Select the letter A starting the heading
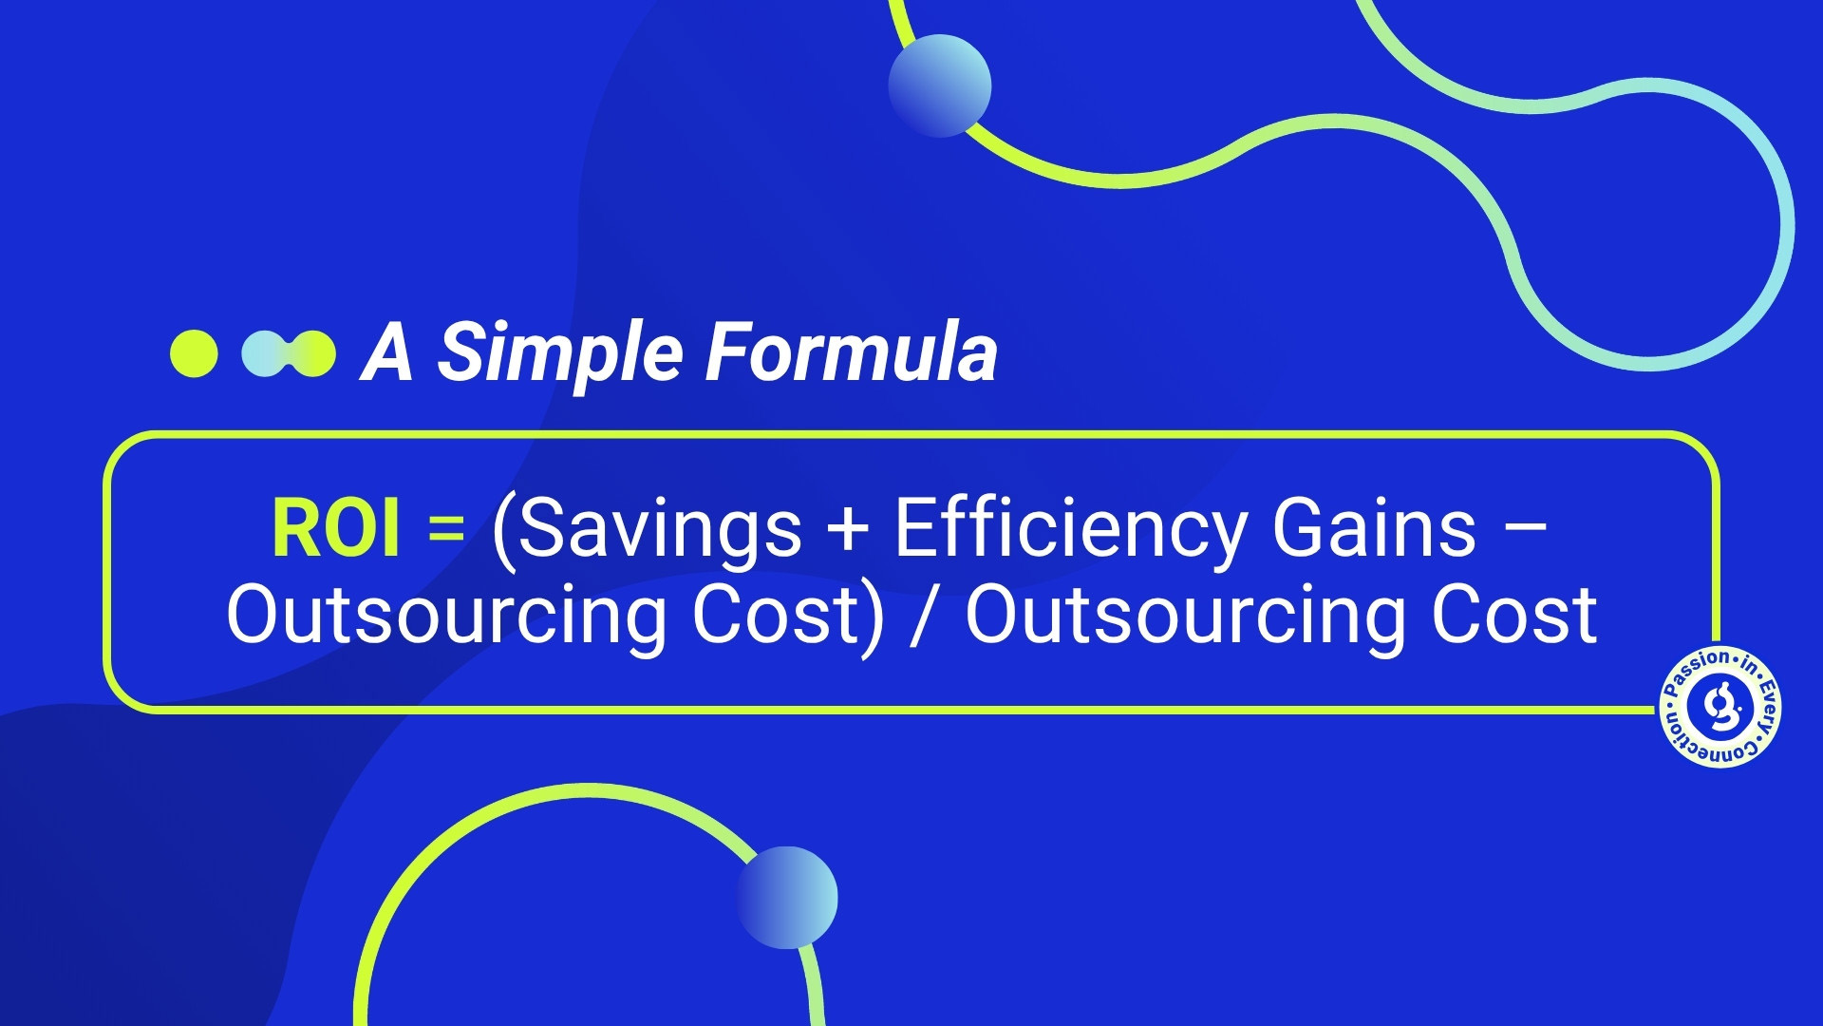[387, 351]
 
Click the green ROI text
[336, 528]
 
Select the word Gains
[1375, 528]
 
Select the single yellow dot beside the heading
[194, 353]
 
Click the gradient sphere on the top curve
[940, 85]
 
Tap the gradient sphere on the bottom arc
[787, 898]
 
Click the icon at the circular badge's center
[1720, 708]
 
